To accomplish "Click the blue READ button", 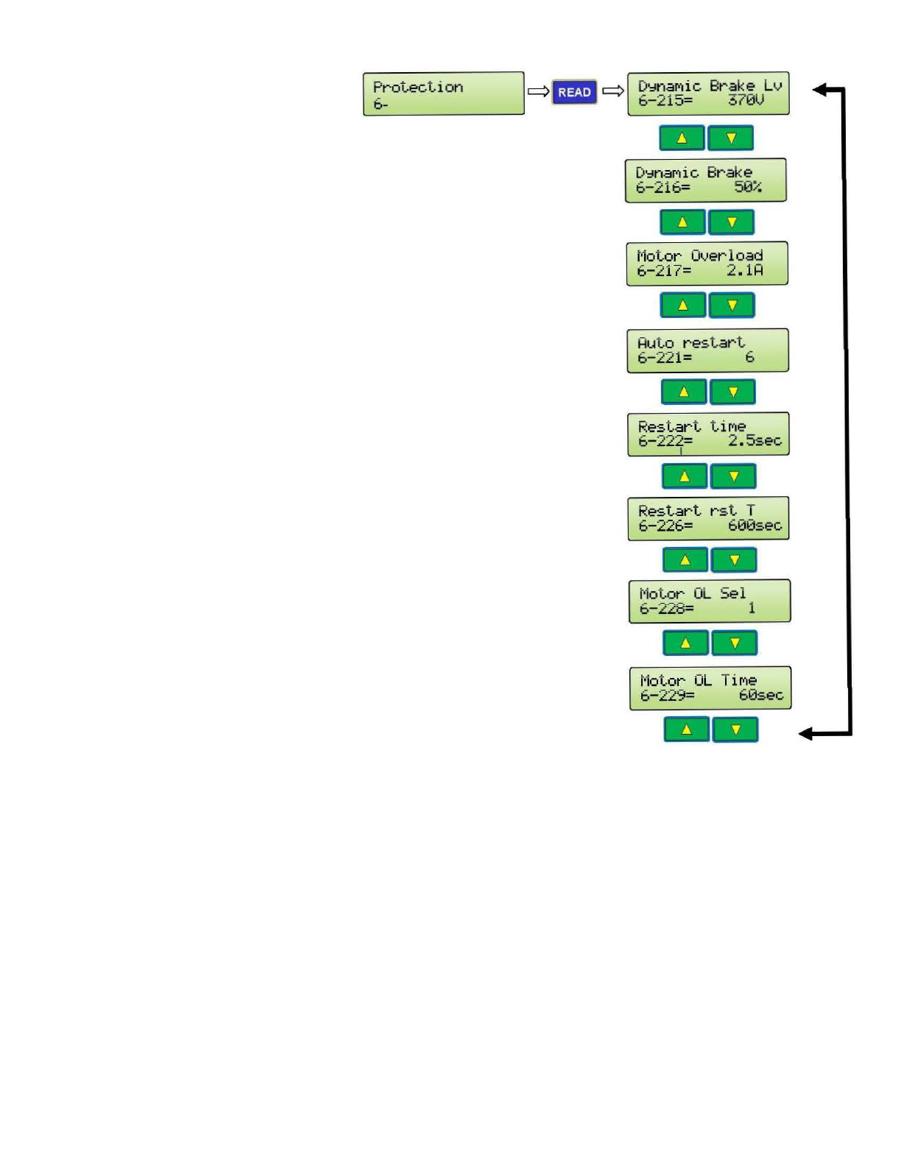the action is pos(574,92).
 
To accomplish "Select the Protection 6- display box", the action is pos(443,93).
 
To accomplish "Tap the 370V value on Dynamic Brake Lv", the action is pos(746,100).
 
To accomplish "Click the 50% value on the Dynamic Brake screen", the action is pos(747,187).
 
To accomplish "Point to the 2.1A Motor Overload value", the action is pos(745,270).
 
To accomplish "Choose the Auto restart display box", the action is pos(707,350).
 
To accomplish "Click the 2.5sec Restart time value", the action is pos(755,440).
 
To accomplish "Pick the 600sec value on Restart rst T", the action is pos(755,525).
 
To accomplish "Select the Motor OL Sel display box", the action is pos(710,601).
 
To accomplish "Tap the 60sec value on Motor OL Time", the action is pos(761,695).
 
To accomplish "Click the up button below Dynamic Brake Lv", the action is pos(682,138).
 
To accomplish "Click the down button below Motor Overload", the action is pos(732,305).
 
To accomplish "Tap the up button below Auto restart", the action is pos(684,392).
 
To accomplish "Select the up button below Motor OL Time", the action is pos(686,729).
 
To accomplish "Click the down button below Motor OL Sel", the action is pos(735,643).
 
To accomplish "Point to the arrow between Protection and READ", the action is pos(538,92).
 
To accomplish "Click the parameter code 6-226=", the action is pos(665,526).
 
